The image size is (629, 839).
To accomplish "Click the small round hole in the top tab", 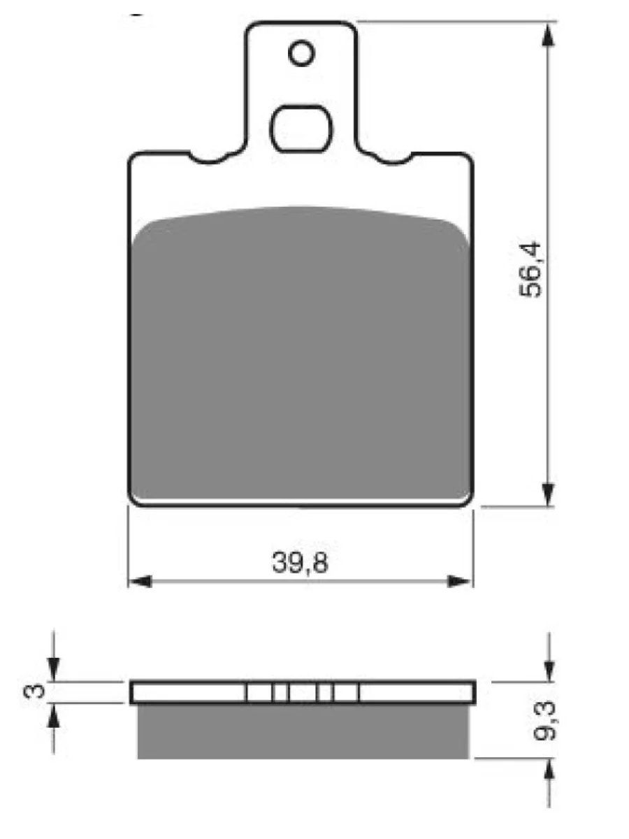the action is (301, 52).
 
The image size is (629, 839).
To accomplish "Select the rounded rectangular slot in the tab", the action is (301, 129).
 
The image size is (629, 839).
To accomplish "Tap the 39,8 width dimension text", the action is (300, 563).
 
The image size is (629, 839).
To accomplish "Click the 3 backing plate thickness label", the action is (34, 691).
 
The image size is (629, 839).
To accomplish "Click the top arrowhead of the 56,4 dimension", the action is (549, 35).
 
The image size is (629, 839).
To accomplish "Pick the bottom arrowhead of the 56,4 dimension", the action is (549, 494).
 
